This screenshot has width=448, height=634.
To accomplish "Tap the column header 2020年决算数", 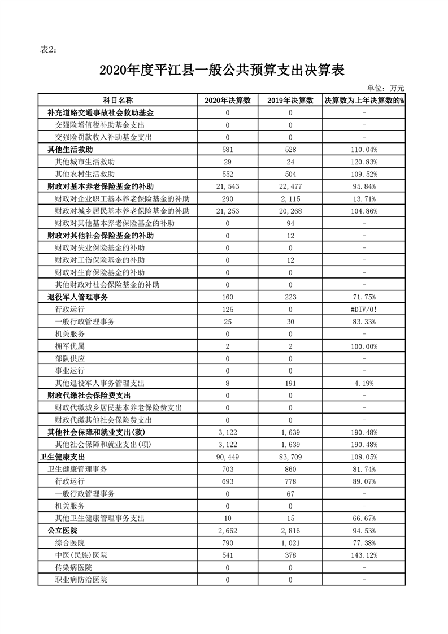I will click(x=228, y=101).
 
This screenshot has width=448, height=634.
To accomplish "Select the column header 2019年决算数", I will click(x=290, y=101).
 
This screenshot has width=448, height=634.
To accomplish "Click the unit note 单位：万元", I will click(x=386, y=88).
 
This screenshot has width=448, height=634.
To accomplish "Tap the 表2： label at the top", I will click(x=49, y=49).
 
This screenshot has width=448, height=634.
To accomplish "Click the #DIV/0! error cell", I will click(x=364, y=309).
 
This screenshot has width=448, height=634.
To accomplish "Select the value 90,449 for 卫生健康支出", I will click(x=228, y=457).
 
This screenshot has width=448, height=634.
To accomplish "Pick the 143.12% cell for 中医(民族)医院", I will click(x=364, y=555).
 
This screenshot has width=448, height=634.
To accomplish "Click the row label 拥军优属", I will click(x=70, y=346).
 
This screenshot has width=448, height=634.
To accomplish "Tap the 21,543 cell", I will click(x=228, y=186).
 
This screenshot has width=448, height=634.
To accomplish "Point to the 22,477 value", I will click(x=290, y=186).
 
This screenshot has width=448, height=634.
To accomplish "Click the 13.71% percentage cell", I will click(x=364, y=199).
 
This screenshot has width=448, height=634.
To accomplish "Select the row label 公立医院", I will click(x=63, y=531).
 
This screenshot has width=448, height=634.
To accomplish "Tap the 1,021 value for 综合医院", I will click(x=290, y=542).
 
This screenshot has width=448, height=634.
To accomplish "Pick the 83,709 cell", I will click(x=290, y=457).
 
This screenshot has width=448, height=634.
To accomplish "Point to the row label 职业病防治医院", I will click(x=81, y=580).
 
